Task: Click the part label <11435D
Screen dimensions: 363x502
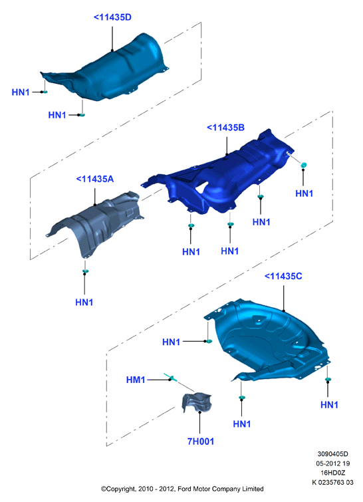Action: (112, 17)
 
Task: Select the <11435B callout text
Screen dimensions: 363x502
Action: (225, 128)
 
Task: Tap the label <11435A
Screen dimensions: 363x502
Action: (95, 179)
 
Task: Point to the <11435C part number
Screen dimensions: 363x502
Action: (283, 276)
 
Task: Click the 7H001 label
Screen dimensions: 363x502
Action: (201, 441)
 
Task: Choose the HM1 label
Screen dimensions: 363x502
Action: (136, 380)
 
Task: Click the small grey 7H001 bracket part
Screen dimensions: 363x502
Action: (197, 402)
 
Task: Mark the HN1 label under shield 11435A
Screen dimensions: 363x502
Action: (84, 303)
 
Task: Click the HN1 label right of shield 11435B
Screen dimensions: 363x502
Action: (304, 193)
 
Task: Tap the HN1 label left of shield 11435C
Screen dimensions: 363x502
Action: (172, 342)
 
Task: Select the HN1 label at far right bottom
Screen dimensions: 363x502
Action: (329, 405)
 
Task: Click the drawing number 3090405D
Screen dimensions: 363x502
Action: (332, 453)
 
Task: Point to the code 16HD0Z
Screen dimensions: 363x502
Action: (333, 473)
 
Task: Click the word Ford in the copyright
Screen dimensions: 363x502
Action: (183, 489)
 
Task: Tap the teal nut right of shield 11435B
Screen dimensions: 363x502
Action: (303, 165)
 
